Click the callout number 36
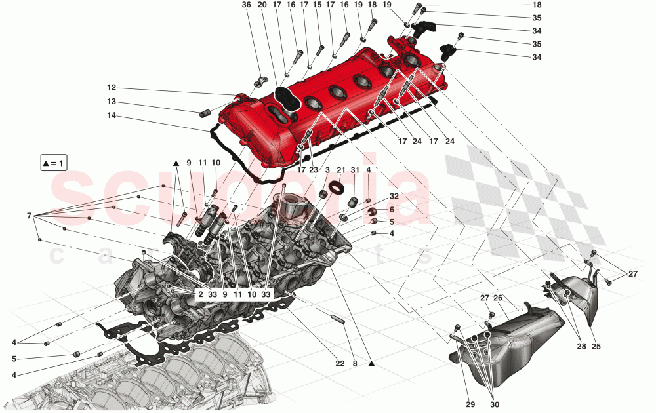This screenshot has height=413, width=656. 246,5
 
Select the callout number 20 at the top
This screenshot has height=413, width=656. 262,5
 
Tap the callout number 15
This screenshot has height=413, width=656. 317,5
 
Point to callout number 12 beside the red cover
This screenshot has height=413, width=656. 112,88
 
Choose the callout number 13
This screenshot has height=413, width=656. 112,102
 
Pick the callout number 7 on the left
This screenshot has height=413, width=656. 29,215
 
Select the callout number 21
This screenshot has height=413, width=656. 340,170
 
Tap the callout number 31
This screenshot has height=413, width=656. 355,170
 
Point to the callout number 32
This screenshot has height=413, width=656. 393,196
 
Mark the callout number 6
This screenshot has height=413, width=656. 391,210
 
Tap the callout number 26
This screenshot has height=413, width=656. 499,298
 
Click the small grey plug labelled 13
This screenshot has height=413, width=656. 204,113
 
